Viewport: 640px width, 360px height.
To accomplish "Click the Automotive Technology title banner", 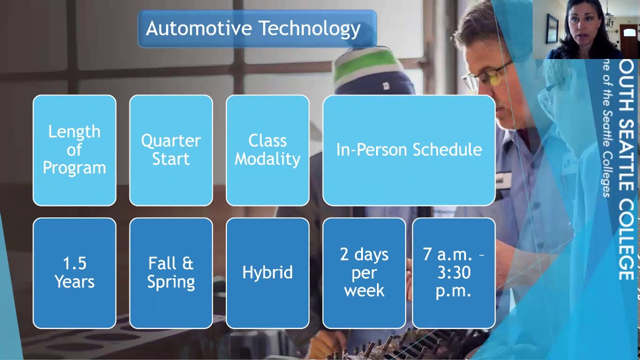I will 257,28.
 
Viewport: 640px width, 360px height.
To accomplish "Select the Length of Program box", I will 74,150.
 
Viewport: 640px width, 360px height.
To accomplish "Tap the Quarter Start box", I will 171,150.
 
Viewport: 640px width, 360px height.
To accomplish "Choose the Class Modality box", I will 267,150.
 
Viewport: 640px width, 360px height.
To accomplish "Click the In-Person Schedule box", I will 409,150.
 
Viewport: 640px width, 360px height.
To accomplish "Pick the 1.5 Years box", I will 74,273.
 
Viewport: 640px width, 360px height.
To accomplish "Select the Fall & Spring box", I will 171,273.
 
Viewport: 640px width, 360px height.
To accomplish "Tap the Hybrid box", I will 267,273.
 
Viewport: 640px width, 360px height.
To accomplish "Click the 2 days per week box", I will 364,273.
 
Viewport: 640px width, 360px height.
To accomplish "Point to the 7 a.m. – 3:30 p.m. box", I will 454,273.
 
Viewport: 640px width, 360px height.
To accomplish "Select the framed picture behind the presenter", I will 552,28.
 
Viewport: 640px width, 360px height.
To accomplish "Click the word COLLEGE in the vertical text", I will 626,240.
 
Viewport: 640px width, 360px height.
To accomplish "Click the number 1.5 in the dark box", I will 74,263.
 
